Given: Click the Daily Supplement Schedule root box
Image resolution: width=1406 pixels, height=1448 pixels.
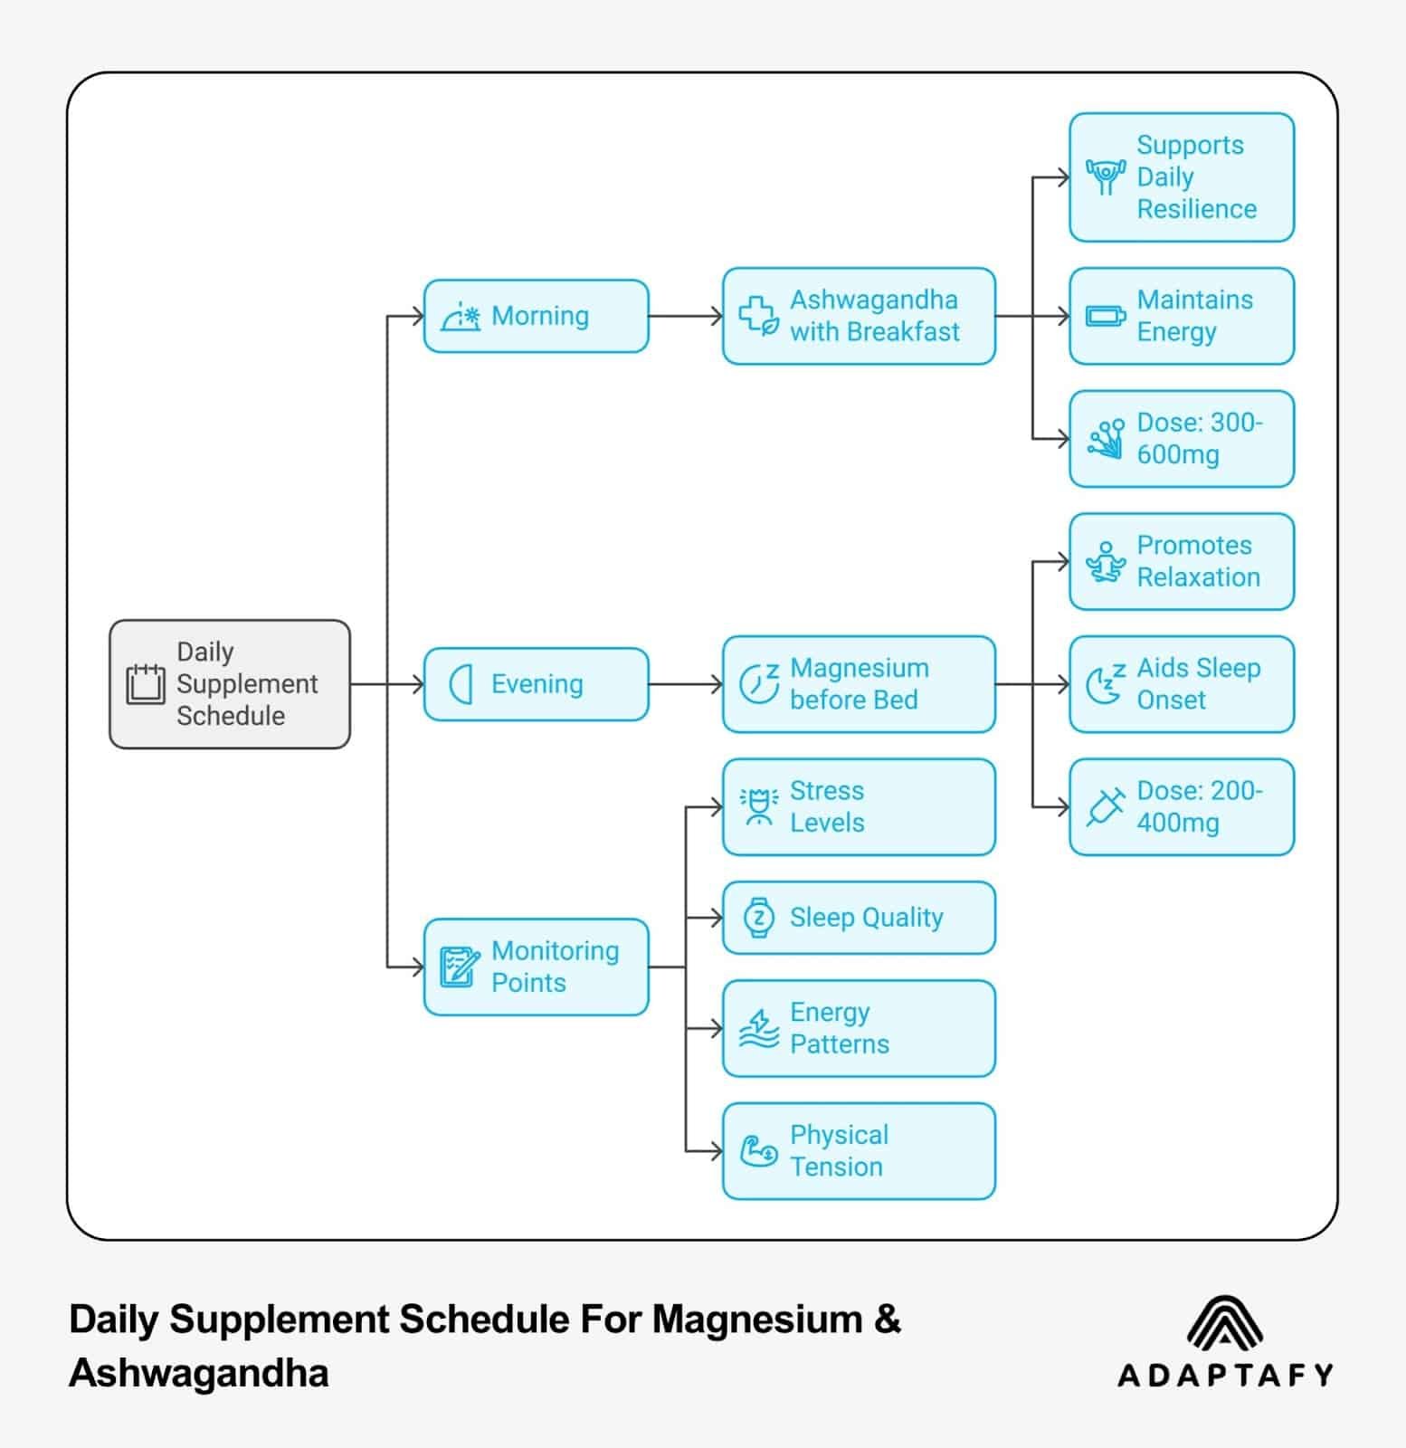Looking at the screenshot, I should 229,684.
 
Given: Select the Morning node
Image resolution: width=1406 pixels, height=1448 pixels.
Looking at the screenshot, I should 536,316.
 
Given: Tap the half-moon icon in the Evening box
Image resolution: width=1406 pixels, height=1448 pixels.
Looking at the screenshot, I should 461,684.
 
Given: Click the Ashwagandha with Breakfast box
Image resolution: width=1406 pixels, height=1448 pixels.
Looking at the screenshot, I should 858,316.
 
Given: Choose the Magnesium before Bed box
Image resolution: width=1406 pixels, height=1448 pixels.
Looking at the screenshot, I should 858,684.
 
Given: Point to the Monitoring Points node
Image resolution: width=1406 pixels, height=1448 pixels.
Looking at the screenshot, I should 536,967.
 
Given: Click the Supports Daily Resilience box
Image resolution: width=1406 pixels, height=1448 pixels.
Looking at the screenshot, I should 1181,177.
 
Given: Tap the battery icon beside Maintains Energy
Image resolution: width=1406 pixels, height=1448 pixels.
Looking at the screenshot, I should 1105,317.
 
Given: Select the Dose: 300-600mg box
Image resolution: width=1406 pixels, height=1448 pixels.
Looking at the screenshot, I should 1181,439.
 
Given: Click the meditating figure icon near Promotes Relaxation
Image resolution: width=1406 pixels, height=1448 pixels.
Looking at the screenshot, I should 1105,562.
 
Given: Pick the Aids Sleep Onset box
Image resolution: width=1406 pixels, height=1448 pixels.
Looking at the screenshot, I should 1181,684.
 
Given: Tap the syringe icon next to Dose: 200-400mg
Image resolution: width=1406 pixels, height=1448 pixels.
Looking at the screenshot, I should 1105,806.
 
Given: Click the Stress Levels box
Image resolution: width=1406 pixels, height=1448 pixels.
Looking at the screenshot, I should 858,806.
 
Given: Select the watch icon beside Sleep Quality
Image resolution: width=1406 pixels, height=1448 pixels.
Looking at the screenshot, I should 758,918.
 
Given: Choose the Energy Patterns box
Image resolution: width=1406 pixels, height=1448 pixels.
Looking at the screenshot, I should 858,1028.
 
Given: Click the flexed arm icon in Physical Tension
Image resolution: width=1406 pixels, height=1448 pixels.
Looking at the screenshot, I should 758,1151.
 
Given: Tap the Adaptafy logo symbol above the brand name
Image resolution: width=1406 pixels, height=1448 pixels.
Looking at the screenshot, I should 1224,1322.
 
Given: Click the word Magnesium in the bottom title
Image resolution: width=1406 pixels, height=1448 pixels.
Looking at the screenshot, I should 756,1319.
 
